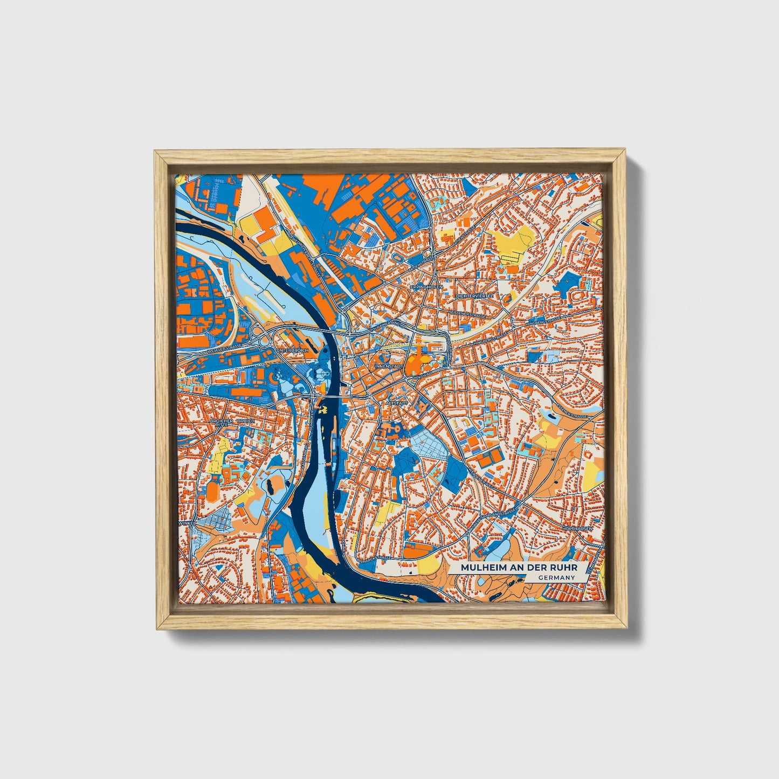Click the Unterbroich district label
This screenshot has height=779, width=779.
pos(292,350)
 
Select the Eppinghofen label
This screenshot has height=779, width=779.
pos(426,287)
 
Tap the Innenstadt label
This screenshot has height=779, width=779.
pos(389,366)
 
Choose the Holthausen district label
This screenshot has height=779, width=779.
pos(579,528)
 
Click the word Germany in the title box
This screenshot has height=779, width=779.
pos(556,577)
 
